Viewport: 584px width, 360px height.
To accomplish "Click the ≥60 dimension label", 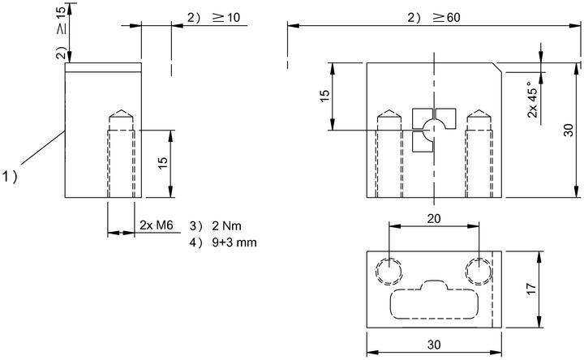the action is point(447,18).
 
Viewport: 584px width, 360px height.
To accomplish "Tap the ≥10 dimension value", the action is point(227,18).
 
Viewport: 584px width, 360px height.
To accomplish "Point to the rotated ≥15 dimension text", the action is point(62,20).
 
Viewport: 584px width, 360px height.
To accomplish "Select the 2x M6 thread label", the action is point(157,225).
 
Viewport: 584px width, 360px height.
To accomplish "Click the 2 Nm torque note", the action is point(226,225).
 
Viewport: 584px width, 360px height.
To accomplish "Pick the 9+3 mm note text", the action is point(234,242).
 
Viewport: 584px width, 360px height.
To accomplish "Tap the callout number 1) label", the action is point(10,176).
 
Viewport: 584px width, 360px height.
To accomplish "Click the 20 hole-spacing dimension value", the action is point(434,219).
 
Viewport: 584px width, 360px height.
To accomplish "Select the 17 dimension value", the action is point(530,289).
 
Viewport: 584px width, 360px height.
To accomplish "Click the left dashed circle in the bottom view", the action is point(389,272).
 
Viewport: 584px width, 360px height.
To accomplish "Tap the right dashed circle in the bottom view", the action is point(479,272).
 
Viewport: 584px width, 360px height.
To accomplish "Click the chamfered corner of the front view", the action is point(497,67).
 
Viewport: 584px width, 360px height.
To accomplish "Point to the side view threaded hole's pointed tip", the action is point(121,110).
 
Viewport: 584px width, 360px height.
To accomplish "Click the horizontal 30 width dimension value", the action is point(434,345).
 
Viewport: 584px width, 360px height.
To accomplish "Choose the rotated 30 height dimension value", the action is point(569,130).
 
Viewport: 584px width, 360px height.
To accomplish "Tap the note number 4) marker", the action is point(196,242).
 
